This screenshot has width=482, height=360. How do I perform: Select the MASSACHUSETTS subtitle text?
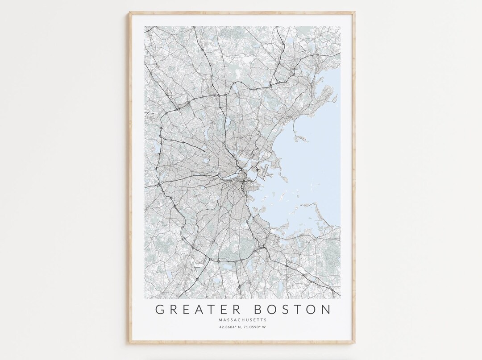coord(242,320)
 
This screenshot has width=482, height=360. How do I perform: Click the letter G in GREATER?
coord(160,309)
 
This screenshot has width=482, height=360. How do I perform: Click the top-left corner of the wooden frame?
coord(130,13)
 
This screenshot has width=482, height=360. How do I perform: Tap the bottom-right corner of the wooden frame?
coord(355,343)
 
